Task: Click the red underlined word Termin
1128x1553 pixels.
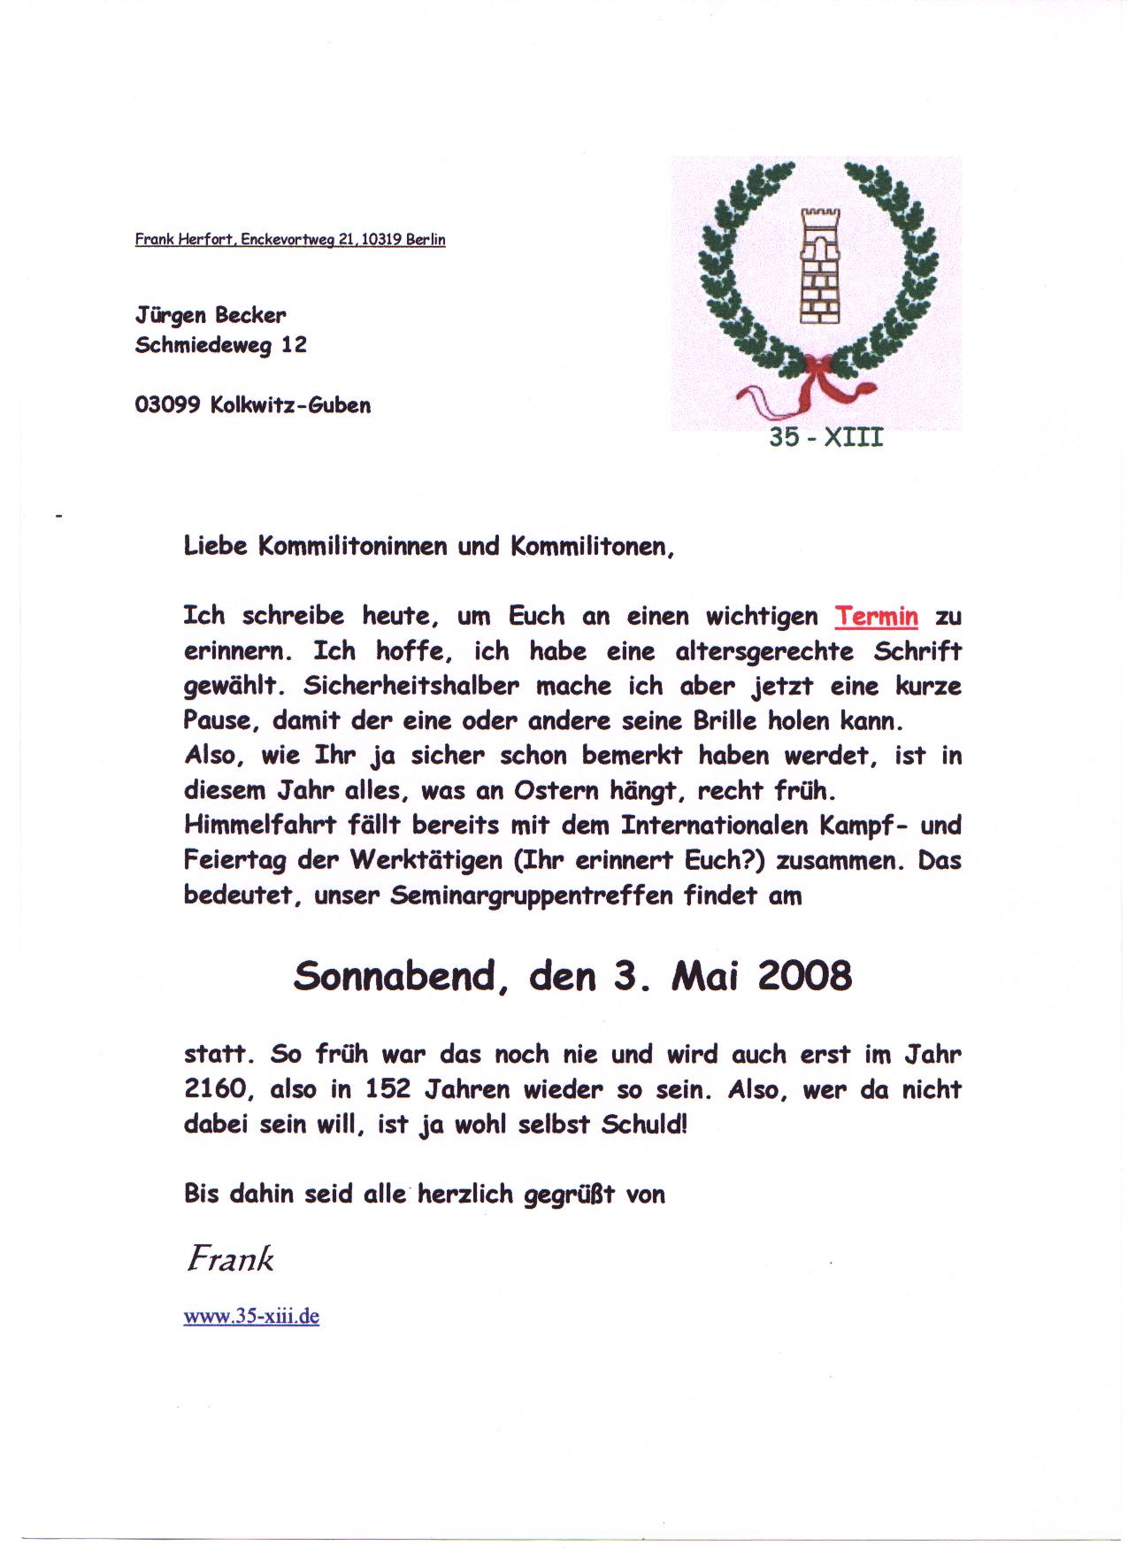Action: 876,616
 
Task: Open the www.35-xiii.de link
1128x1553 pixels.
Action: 251,1316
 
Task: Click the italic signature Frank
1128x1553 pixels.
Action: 229,1257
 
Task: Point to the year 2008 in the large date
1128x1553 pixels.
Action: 804,976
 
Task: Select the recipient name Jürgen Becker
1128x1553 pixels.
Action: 211,315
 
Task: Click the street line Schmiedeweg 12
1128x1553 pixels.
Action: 220,345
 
